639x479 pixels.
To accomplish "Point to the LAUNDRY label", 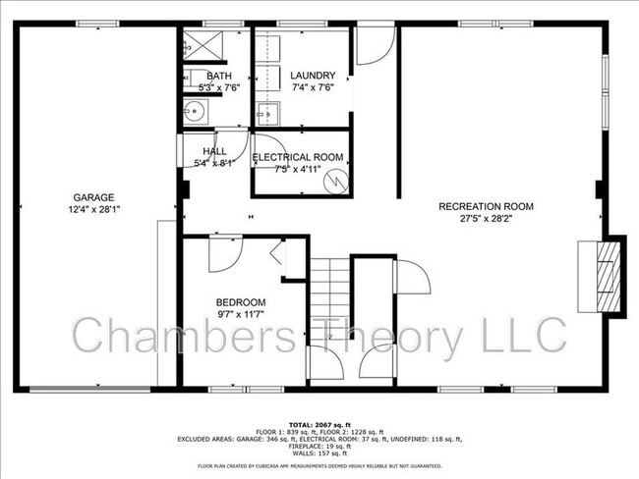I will coord(313,76).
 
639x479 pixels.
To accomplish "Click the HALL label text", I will coord(214,151).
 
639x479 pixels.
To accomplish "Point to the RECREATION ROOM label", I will coord(486,206).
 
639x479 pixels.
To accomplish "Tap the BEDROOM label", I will coord(241,301).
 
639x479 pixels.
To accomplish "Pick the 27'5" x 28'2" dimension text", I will coord(486,220).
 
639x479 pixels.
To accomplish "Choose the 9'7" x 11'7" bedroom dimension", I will coord(241,314).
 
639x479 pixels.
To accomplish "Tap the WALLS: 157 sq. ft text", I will coord(319,453).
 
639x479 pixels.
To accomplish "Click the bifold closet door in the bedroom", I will coord(276,254).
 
